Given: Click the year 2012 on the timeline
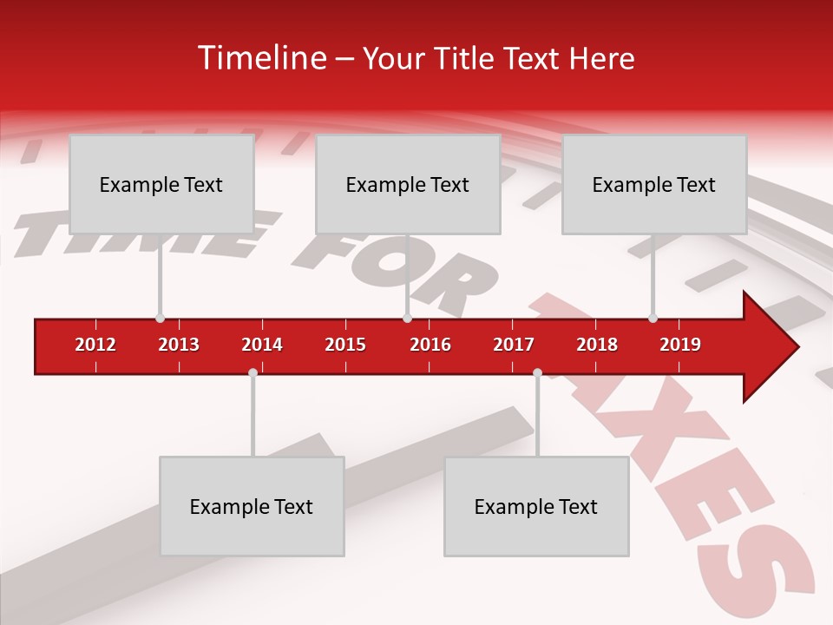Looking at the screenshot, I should (95, 345).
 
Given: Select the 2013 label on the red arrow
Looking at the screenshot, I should (179, 345).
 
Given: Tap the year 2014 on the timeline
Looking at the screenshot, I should (262, 345).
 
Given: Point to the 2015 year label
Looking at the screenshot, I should (345, 345).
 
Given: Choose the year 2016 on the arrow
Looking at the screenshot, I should (430, 345).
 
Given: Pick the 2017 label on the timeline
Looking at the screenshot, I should (514, 345).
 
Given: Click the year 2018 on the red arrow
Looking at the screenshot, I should (597, 345).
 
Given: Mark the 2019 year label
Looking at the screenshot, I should (680, 345).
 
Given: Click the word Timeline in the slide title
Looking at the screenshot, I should (261, 58).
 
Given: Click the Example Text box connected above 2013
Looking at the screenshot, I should (161, 184).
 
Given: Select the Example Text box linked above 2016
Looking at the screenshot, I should (408, 184).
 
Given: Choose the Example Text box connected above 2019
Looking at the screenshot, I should (654, 184).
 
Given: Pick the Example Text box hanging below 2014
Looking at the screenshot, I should (252, 506).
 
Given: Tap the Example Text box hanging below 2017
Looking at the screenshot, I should (536, 506).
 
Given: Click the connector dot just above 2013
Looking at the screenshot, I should (160, 319).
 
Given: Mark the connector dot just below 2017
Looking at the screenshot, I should (537, 373).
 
